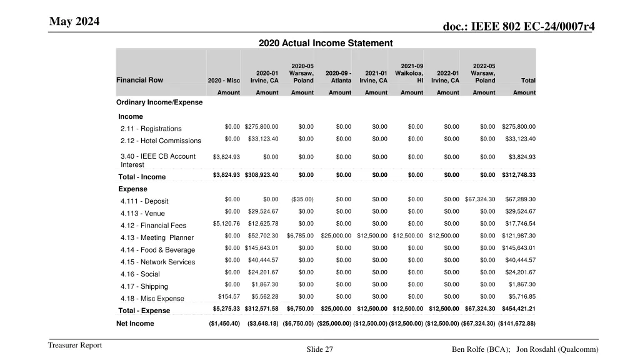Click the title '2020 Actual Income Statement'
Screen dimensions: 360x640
(325, 43)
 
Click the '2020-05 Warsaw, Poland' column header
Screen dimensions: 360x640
(302, 73)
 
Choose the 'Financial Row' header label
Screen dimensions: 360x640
(139, 80)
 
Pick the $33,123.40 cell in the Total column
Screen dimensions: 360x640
(520, 139)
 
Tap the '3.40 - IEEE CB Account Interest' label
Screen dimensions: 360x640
(157, 161)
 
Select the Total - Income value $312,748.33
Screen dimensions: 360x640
(518, 175)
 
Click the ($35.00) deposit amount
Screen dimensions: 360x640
(302, 199)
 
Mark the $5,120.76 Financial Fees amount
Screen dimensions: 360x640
(226, 224)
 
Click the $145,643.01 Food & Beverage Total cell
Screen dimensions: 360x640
(518, 248)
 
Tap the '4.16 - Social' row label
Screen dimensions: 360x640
(140, 274)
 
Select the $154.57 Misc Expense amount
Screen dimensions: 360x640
(229, 296)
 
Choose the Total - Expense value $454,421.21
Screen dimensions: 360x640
(518, 309)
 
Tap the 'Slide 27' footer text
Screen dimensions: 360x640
(319, 350)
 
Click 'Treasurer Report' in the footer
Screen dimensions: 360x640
(75, 346)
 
